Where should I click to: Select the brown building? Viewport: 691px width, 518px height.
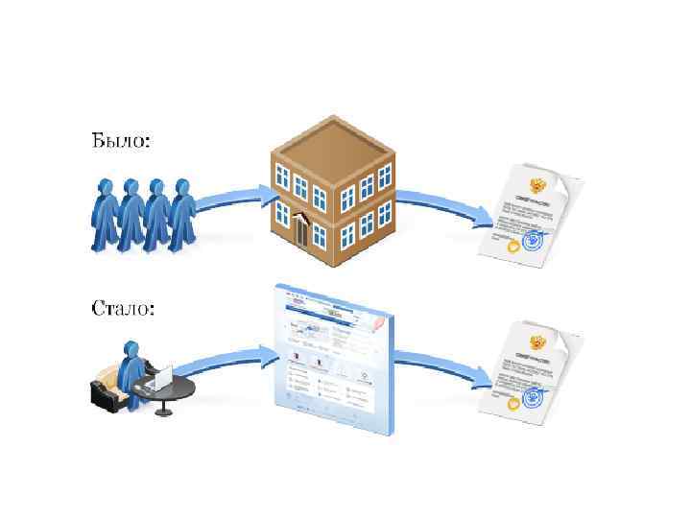pyautogui.click(x=331, y=182)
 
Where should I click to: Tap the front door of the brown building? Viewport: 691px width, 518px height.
pyautogui.click(x=303, y=231)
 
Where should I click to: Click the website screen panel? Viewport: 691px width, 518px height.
pyautogui.click(x=331, y=360)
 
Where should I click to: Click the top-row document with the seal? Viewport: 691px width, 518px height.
pyautogui.click(x=529, y=213)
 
